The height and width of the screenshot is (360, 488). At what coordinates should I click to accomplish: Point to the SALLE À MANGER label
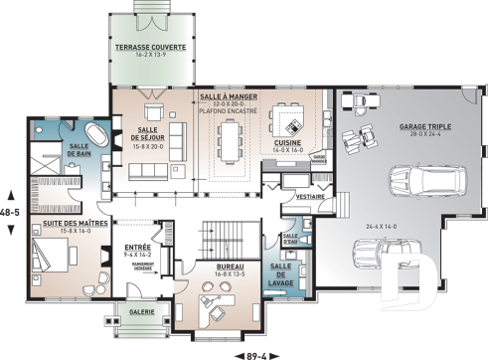coord(230,95)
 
